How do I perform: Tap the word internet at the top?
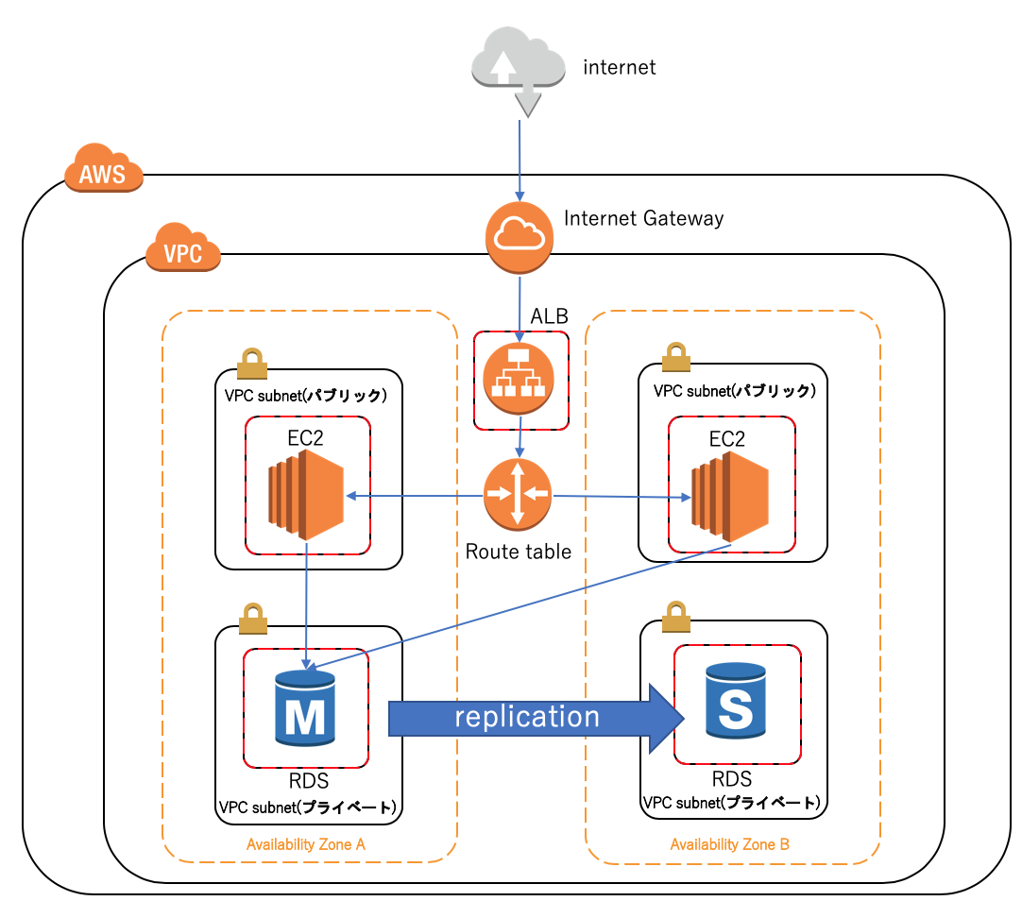(619, 67)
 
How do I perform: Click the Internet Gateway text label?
(643, 218)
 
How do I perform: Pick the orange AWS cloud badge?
(103, 170)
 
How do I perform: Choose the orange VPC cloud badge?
(183, 249)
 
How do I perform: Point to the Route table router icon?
(517, 493)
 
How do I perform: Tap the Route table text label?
(518, 552)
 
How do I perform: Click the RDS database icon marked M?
(305, 705)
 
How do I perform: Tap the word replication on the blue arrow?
(527, 717)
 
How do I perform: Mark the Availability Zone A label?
(305, 844)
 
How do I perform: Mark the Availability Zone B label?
(729, 844)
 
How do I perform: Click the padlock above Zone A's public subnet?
(251, 362)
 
